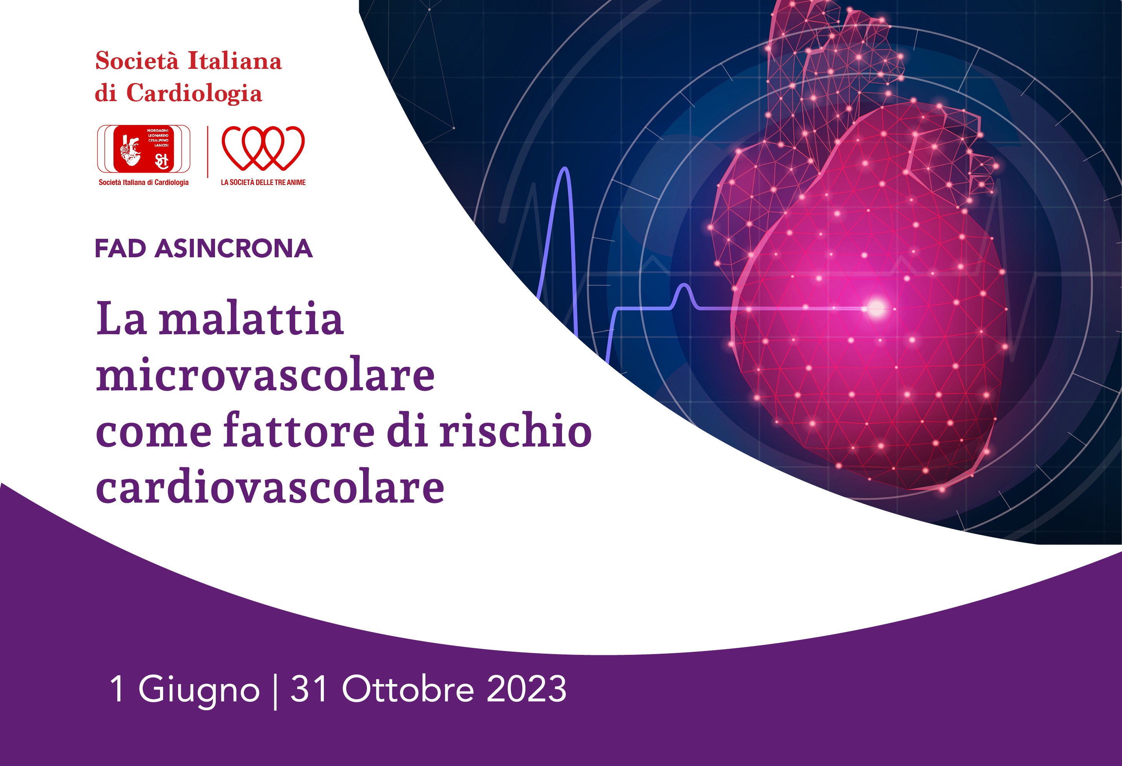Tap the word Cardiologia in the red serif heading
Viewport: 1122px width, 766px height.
point(194,93)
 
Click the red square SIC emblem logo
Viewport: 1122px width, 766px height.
point(143,149)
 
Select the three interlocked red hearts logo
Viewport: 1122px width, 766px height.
point(263,148)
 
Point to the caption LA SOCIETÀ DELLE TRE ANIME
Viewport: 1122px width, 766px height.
point(263,182)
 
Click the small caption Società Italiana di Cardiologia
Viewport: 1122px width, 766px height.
point(143,182)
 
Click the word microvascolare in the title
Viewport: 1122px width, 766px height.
point(265,374)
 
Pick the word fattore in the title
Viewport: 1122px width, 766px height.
point(299,430)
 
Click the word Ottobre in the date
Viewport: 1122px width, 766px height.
point(408,689)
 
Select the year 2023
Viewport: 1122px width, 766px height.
point(526,689)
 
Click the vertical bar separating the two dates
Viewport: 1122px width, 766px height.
point(275,691)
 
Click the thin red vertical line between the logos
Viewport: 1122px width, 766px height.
point(208,152)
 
